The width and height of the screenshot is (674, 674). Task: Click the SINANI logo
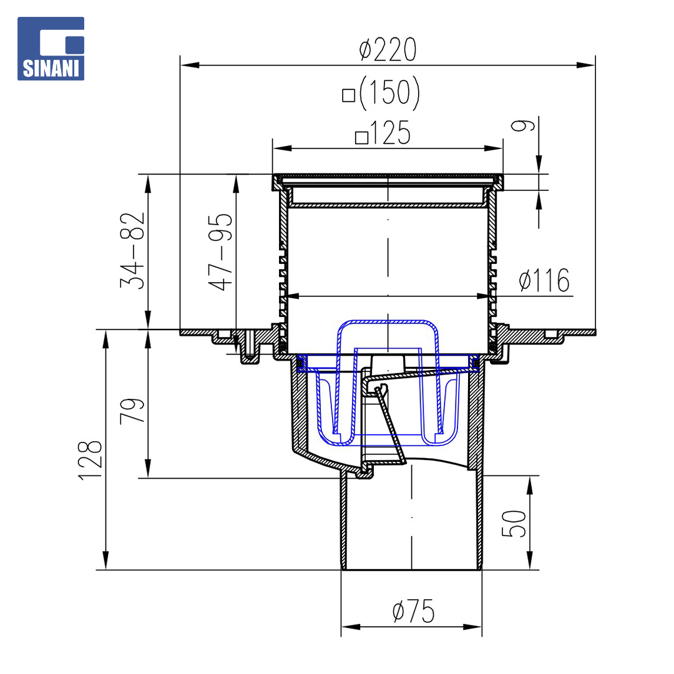51,49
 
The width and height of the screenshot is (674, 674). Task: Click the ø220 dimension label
388,50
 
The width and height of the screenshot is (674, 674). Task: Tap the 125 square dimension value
390,133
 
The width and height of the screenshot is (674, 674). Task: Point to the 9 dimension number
523,125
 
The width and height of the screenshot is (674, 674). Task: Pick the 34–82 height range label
133,250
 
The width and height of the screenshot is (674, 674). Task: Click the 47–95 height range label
220,252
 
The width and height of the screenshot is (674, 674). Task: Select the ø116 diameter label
544,280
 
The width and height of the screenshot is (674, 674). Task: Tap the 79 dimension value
132,411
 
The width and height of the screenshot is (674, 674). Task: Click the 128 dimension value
90,460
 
